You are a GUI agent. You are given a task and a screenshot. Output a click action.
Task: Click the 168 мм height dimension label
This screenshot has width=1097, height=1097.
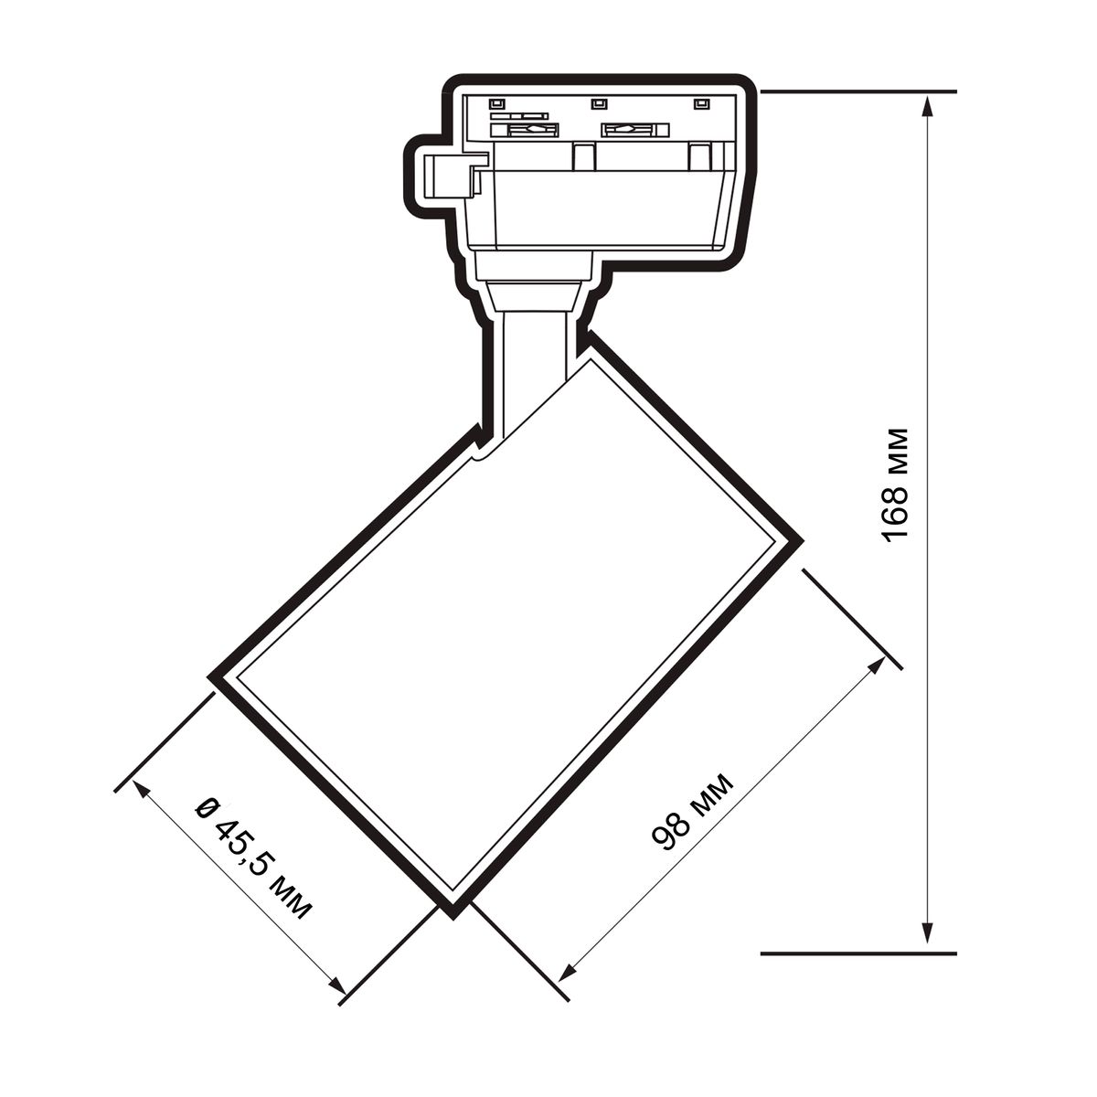coord(894,485)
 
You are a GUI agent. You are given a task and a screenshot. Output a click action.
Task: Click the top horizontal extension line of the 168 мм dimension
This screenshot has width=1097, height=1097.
coord(858,91)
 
